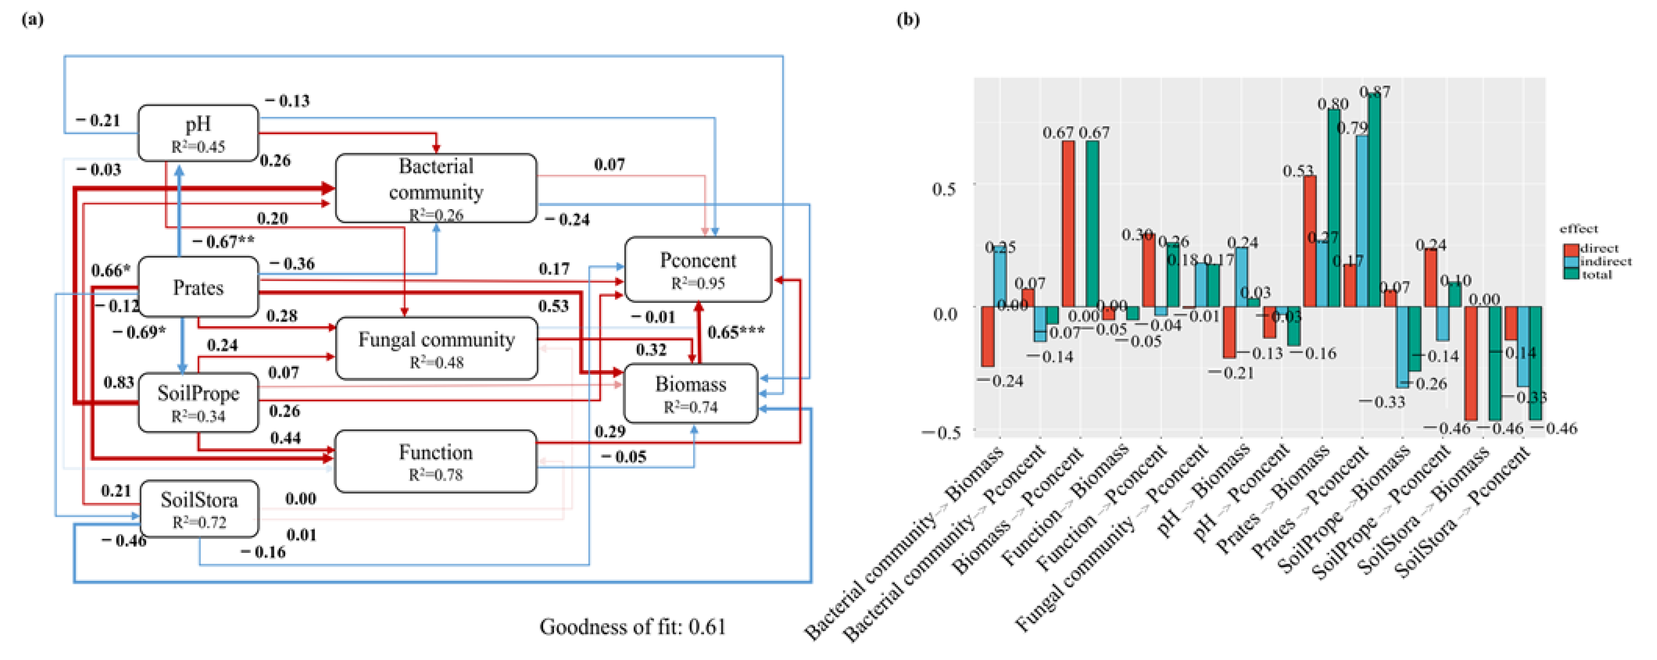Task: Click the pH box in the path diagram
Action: pyautogui.click(x=198, y=132)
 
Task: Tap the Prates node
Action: pyautogui.click(x=198, y=287)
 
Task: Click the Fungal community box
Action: pyautogui.click(x=436, y=348)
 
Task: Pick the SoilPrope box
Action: pyautogui.click(x=198, y=402)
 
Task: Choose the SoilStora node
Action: pyautogui.click(x=199, y=508)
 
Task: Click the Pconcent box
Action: pyautogui.click(x=698, y=269)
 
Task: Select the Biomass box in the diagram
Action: pyautogui.click(x=690, y=393)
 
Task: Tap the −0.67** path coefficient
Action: pyautogui.click(x=223, y=242)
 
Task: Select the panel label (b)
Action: pyautogui.click(x=907, y=19)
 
